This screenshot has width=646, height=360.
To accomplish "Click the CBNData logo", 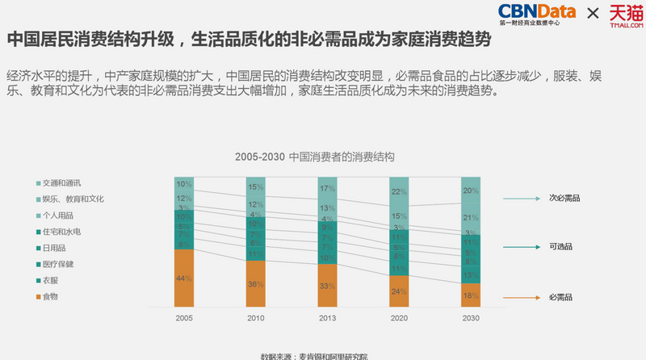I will (536, 14).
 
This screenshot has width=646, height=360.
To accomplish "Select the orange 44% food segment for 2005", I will (184, 278).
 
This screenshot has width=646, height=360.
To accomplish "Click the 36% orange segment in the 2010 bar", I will (256, 283).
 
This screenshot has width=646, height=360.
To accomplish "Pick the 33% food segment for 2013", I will (327, 286).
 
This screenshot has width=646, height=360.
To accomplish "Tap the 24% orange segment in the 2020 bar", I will (399, 292).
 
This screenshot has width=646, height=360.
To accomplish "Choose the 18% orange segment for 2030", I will (471, 295).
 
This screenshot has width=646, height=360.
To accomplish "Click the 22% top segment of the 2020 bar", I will (399, 192).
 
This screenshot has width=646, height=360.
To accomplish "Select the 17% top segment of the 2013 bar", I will (327, 189).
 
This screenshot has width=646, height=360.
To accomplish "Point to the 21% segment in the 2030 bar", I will (471, 218).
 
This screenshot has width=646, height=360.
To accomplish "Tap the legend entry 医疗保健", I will (57, 264).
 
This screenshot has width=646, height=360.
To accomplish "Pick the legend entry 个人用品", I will (57, 216).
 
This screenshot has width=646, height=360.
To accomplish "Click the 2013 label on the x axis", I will (327, 319).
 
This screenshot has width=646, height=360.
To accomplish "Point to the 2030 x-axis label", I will (471, 319).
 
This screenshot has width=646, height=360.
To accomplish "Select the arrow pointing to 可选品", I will (522, 247).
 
